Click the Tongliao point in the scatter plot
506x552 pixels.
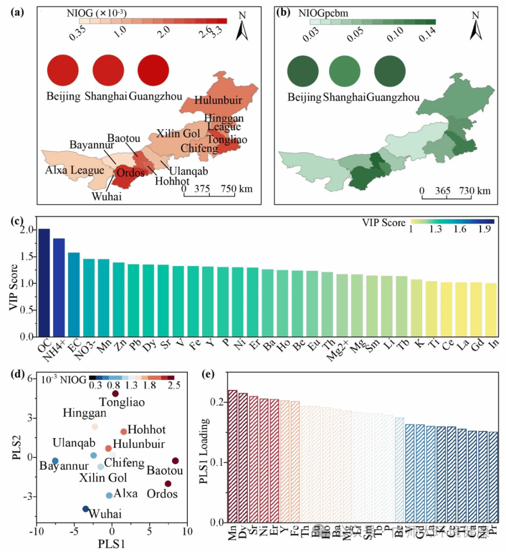point(115,394)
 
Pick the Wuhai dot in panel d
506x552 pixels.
point(86,509)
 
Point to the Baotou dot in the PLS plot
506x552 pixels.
point(175,461)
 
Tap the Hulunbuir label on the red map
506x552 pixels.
point(218,100)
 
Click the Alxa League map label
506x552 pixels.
point(74,170)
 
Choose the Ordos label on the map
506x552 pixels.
point(131,173)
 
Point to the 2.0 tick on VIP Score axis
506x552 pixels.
point(27,230)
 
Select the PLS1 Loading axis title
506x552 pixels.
point(205,451)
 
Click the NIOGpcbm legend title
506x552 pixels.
point(323,13)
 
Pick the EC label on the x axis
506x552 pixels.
point(74,347)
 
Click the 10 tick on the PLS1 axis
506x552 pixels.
point(187,531)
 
